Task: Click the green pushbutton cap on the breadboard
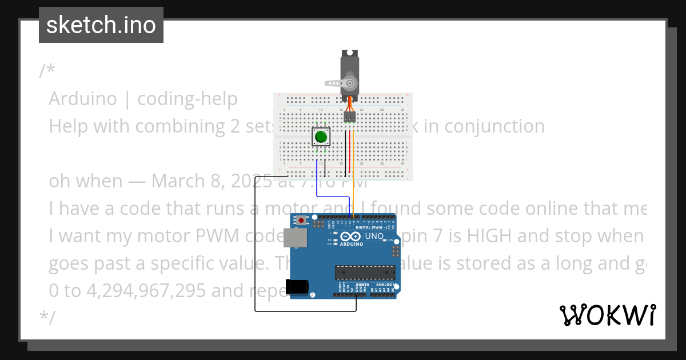tap(321, 137)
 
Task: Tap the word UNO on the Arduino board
tap(374, 236)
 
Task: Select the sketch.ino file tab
tap(101, 25)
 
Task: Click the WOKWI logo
tap(608, 315)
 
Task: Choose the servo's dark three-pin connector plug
tap(349, 118)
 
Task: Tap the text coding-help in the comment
tap(188, 99)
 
